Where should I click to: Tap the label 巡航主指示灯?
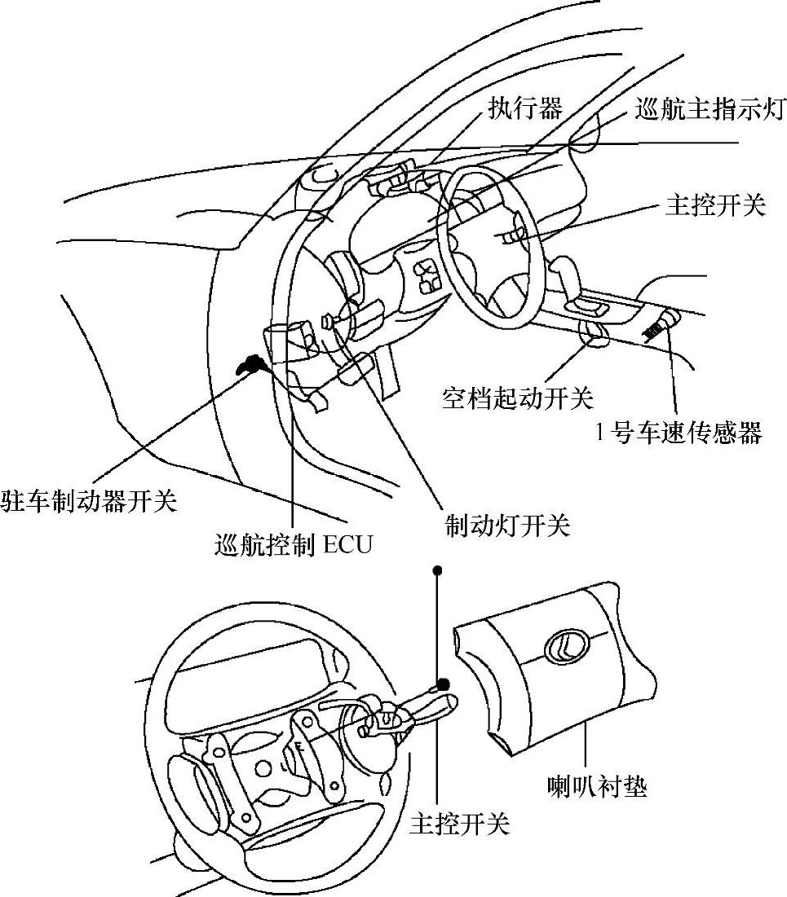(x=709, y=108)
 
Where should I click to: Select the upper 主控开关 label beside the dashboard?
(x=715, y=204)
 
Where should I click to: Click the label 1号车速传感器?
(x=679, y=433)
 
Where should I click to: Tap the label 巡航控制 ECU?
(x=293, y=543)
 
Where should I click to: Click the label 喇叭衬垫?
(x=597, y=787)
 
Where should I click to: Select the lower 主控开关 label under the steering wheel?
(x=459, y=824)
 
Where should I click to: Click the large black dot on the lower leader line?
(x=443, y=683)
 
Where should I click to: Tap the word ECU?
(x=348, y=543)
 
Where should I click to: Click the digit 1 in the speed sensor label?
(x=601, y=433)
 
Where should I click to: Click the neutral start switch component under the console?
(x=592, y=333)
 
